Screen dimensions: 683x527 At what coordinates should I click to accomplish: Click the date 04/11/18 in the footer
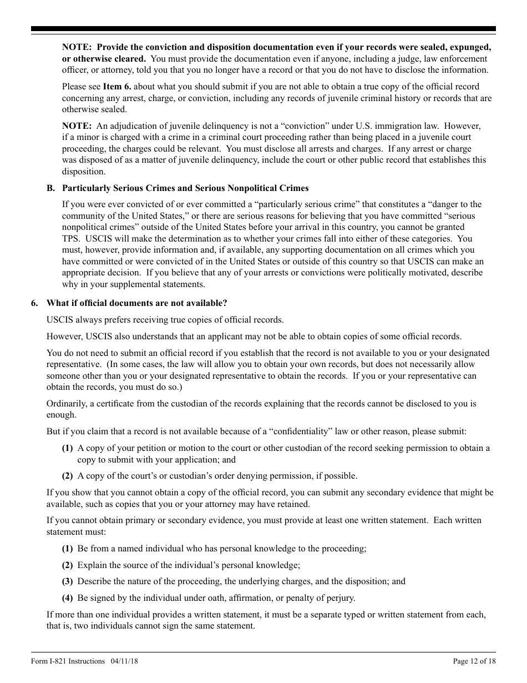(x=122, y=661)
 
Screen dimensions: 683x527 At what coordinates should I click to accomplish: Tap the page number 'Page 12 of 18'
(x=474, y=661)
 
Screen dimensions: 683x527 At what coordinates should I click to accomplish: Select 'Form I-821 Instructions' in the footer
(x=68, y=661)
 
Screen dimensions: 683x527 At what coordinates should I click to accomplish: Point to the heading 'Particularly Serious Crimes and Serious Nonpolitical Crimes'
(x=185, y=188)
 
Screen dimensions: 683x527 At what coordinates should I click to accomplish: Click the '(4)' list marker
(x=67, y=598)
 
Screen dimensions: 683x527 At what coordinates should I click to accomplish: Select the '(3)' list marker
(x=67, y=581)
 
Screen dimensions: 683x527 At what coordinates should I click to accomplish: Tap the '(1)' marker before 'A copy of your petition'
(x=67, y=448)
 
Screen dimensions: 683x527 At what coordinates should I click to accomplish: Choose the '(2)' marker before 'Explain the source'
(x=67, y=565)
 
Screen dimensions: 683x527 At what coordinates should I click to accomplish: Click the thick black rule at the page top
(x=263, y=29)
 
